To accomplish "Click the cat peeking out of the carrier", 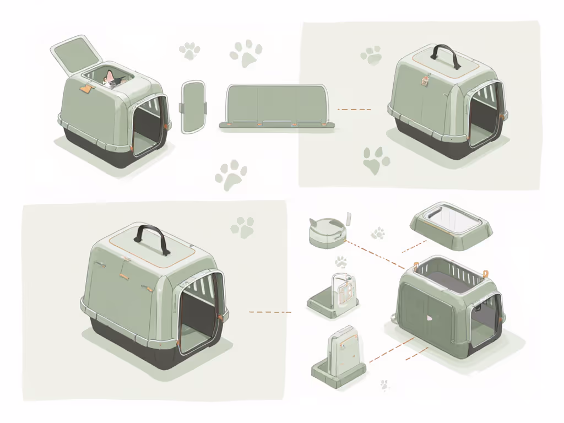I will tap(112, 79).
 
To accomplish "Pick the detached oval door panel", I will tap(193, 107).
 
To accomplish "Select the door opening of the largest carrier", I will tap(198, 314).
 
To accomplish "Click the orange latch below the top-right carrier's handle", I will tap(425, 80).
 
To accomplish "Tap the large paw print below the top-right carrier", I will tap(376, 160).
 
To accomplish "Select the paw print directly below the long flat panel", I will tap(231, 175).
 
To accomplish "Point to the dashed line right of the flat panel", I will tap(353, 109).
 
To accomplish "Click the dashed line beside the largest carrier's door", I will tap(269, 312).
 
